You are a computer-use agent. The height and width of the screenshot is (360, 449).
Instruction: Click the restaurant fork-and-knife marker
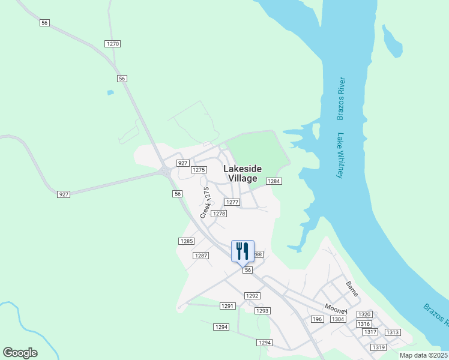243,251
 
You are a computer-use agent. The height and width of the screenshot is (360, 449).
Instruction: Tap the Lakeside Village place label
243,173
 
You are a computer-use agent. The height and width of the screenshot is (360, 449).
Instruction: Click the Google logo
20,353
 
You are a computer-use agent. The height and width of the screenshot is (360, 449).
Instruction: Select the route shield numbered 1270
112,44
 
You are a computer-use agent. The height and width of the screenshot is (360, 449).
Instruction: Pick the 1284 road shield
274,181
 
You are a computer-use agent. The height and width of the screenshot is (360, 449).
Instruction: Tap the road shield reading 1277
232,203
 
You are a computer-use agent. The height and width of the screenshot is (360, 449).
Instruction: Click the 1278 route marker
219,214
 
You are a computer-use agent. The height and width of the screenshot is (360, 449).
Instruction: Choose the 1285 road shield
187,241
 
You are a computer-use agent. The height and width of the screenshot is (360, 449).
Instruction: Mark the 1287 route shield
200,256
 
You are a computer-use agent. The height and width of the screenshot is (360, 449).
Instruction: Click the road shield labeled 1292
252,296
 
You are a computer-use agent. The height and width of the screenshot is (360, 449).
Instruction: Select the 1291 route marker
228,306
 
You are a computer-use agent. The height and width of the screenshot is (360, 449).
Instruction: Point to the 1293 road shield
262,311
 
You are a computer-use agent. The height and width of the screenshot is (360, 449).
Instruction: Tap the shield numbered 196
317,319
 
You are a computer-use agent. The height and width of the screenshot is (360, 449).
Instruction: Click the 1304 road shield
338,319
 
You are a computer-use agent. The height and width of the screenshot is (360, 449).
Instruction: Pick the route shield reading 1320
364,314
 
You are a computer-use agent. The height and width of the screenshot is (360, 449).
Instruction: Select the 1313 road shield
393,332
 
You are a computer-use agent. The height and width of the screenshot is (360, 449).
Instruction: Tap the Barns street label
352,289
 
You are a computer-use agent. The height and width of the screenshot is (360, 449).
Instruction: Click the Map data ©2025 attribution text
423,355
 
